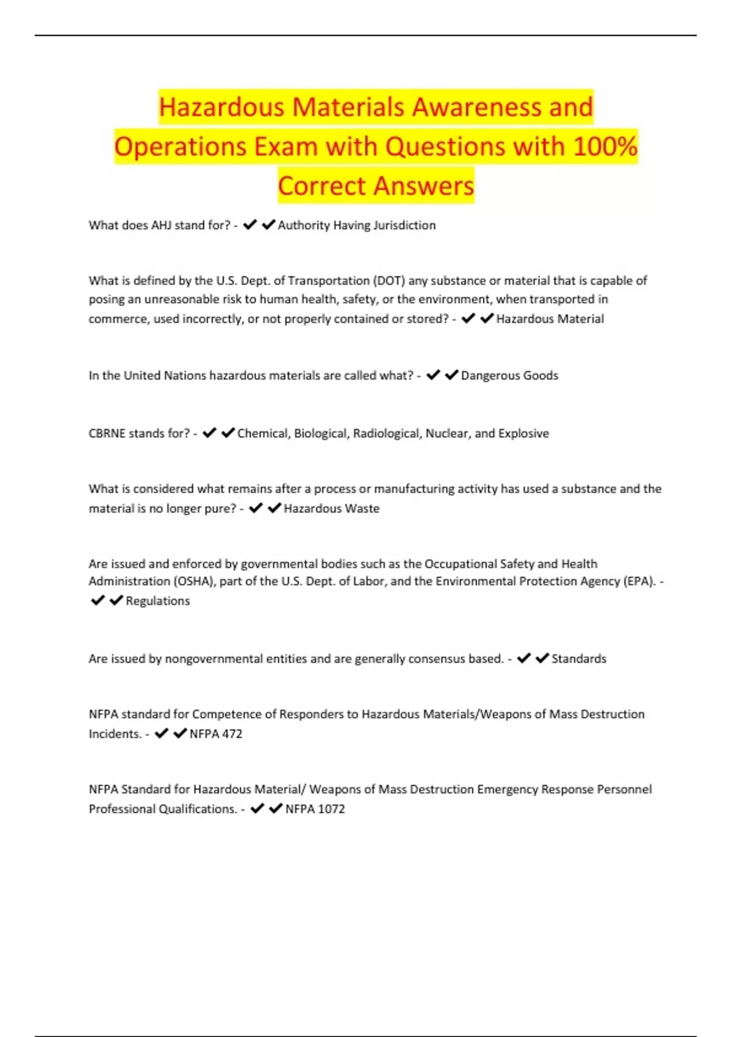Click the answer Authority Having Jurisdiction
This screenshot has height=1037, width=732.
[x=357, y=225]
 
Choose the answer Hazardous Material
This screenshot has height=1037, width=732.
[x=550, y=318]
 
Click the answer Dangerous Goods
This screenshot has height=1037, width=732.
[x=509, y=375]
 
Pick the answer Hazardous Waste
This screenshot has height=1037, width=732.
[x=331, y=508]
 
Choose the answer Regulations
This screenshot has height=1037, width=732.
[x=158, y=601]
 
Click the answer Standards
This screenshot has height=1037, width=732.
[x=579, y=659]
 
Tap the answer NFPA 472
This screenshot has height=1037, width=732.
[x=216, y=734]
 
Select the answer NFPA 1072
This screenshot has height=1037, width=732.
[x=315, y=809]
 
